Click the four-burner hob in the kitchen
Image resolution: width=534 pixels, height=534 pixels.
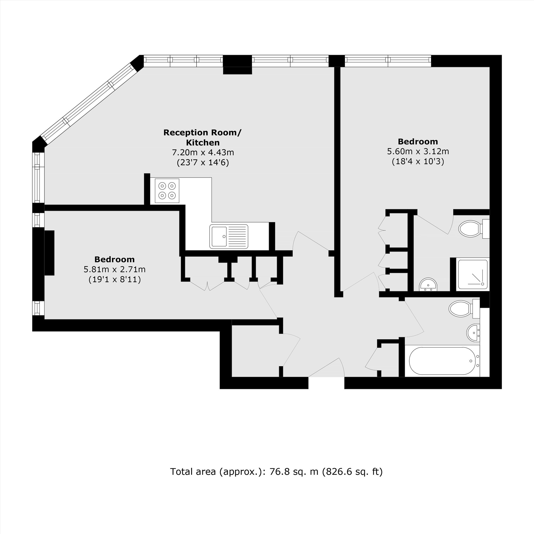pyautogui.click(x=167, y=191)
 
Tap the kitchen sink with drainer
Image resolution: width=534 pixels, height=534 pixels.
pyautogui.click(x=229, y=236)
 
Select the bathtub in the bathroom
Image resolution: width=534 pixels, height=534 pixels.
pyautogui.click(x=442, y=361)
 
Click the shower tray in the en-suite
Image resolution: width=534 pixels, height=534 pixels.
pyautogui.click(x=472, y=274)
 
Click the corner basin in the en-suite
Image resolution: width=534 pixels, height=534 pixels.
pyautogui.click(x=428, y=285)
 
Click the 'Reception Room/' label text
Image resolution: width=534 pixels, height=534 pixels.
pyautogui.click(x=202, y=132)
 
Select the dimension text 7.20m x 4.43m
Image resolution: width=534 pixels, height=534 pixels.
pyautogui.click(x=203, y=152)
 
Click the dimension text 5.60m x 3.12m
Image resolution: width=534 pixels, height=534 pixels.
pyautogui.click(x=418, y=151)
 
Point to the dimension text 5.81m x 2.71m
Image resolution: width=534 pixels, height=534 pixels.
pyautogui.click(x=115, y=269)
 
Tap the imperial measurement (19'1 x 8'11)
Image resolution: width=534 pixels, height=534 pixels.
pyautogui.click(x=115, y=280)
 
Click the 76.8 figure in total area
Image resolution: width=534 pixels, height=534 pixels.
pyautogui.click(x=280, y=472)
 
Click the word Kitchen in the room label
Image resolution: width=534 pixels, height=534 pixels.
pyautogui.click(x=203, y=143)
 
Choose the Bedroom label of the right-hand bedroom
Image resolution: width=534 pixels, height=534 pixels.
pyautogui.click(x=418, y=142)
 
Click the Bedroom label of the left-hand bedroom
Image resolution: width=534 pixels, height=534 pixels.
pyautogui.click(x=115, y=259)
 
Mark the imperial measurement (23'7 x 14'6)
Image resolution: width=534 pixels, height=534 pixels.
pyautogui.click(x=203, y=162)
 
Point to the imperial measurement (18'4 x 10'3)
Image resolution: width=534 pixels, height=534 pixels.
pyautogui.click(x=418, y=162)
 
